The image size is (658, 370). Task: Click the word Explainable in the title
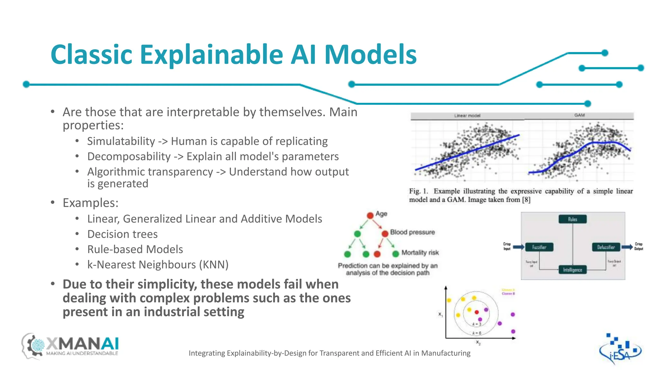pyautogui.click(x=211, y=55)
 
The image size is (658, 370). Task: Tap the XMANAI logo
pyautogui.click(x=71, y=346)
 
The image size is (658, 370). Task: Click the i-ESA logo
pyautogui.click(x=620, y=350)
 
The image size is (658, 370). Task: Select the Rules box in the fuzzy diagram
pyautogui.click(x=573, y=219)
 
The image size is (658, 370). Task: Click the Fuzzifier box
pyautogui.click(x=539, y=247)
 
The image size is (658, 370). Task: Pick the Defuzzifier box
pyautogui.click(x=606, y=247)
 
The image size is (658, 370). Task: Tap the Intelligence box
pyautogui.click(x=573, y=270)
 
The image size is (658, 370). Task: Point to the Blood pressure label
pyautogui.click(x=412, y=232)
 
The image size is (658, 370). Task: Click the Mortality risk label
pyautogui.click(x=420, y=253)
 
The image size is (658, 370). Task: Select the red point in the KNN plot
pyautogui.click(x=477, y=312)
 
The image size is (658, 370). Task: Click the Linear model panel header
pyautogui.click(x=467, y=116)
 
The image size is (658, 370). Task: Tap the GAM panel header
pyautogui.click(x=579, y=115)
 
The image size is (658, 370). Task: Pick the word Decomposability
pyautogui.click(x=129, y=156)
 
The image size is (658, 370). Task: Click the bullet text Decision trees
pyautogui.click(x=122, y=234)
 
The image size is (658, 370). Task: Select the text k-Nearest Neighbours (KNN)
pyautogui.click(x=158, y=265)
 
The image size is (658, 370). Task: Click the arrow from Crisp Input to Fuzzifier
pyautogui.click(x=518, y=247)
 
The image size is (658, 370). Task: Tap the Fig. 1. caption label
pyautogui.click(x=418, y=191)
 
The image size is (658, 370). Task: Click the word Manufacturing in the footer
pyautogui.click(x=446, y=353)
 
